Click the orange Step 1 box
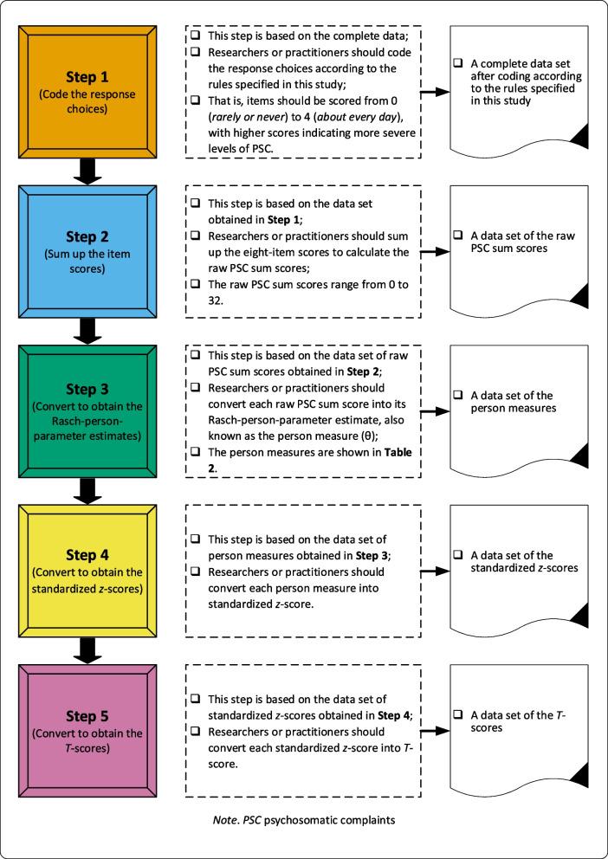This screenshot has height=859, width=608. pos(88,87)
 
